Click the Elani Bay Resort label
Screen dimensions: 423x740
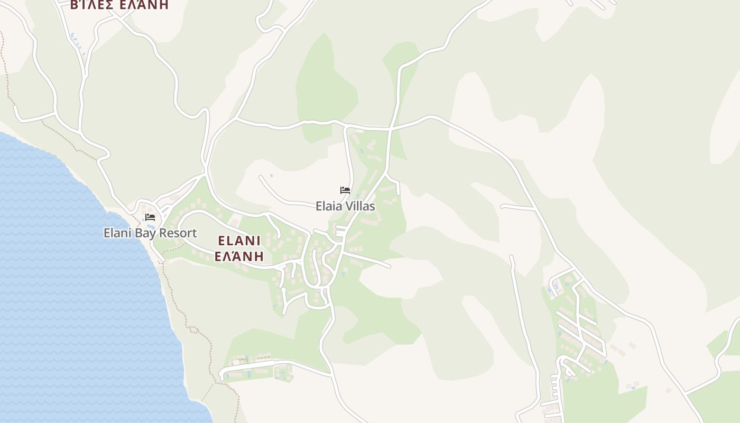[x=150, y=233]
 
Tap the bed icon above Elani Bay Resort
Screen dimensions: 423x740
[x=150, y=217]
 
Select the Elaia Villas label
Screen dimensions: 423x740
[x=345, y=206]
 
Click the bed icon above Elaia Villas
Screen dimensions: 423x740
[x=345, y=190]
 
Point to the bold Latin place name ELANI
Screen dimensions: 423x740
[x=239, y=241]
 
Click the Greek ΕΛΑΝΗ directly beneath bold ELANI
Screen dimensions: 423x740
[x=239, y=256]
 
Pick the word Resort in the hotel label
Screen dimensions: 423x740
[x=179, y=233]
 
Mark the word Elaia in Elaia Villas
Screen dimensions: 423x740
[x=328, y=206]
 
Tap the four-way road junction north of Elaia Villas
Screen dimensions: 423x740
[x=390, y=128]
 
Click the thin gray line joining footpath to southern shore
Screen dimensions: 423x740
[x=207, y=392]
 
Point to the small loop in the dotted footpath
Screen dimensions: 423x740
[x=193, y=330]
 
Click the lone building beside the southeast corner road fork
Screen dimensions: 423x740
[x=668, y=390]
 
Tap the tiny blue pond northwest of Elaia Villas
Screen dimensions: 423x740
[x=272, y=176]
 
